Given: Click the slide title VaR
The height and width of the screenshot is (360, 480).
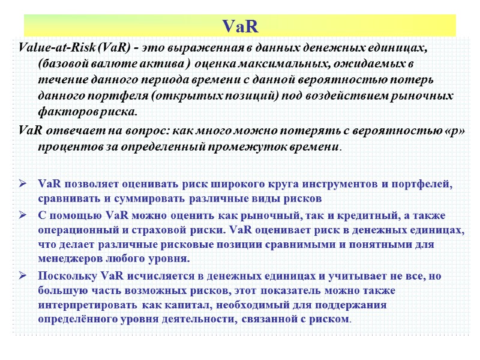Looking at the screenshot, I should click(239, 26).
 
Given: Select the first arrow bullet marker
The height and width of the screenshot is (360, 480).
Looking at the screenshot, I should click(23, 184).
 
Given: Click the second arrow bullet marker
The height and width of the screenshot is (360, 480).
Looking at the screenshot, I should click(23, 215).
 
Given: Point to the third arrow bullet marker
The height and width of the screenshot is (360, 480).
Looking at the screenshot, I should click(23, 277).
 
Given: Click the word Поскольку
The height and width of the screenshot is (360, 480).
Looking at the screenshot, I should click(66, 277).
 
